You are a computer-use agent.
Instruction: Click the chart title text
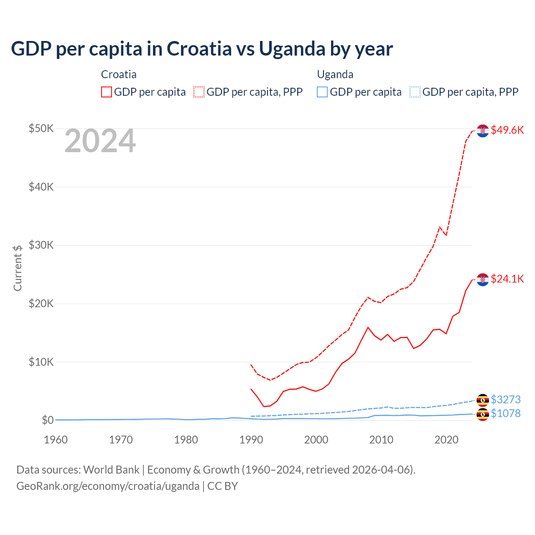(x=201, y=48)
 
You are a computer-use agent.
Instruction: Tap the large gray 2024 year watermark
(x=100, y=141)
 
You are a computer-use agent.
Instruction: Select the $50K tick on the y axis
(x=41, y=128)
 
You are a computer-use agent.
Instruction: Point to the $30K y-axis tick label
(x=41, y=245)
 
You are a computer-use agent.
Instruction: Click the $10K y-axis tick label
(x=41, y=362)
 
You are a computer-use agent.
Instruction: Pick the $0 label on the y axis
(x=47, y=420)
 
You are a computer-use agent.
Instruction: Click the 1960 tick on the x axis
(x=56, y=440)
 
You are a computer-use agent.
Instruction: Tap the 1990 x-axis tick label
(x=251, y=440)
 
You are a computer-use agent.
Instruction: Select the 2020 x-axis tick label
(x=446, y=440)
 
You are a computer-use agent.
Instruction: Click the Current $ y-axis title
(x=18, y=268)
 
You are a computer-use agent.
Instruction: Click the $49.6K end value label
(x=507, y=130)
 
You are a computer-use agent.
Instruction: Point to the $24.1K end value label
(x=507, y=279)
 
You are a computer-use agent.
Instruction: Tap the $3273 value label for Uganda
(x=505, y=400)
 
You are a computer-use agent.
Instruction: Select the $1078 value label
(x=505, y=413)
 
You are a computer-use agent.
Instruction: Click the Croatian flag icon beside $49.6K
(x=483, y=131)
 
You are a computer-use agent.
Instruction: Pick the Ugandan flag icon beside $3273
(x=483, y=400)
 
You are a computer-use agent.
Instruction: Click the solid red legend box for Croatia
(x=107, y=92)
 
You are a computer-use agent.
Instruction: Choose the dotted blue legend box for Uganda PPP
(x=415, y=92)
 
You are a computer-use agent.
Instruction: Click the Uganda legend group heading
(x=335, y=74)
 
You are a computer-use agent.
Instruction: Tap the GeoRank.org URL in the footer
(x=108, y=486)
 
